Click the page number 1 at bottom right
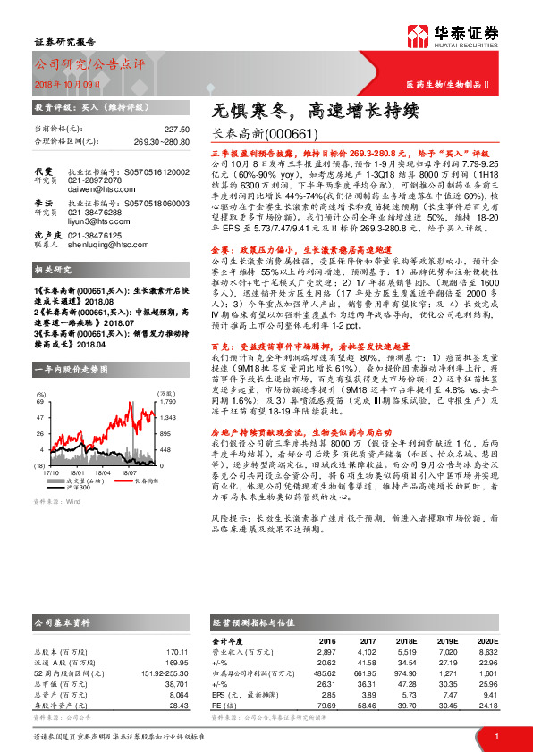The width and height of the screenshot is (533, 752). click(496, 737)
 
